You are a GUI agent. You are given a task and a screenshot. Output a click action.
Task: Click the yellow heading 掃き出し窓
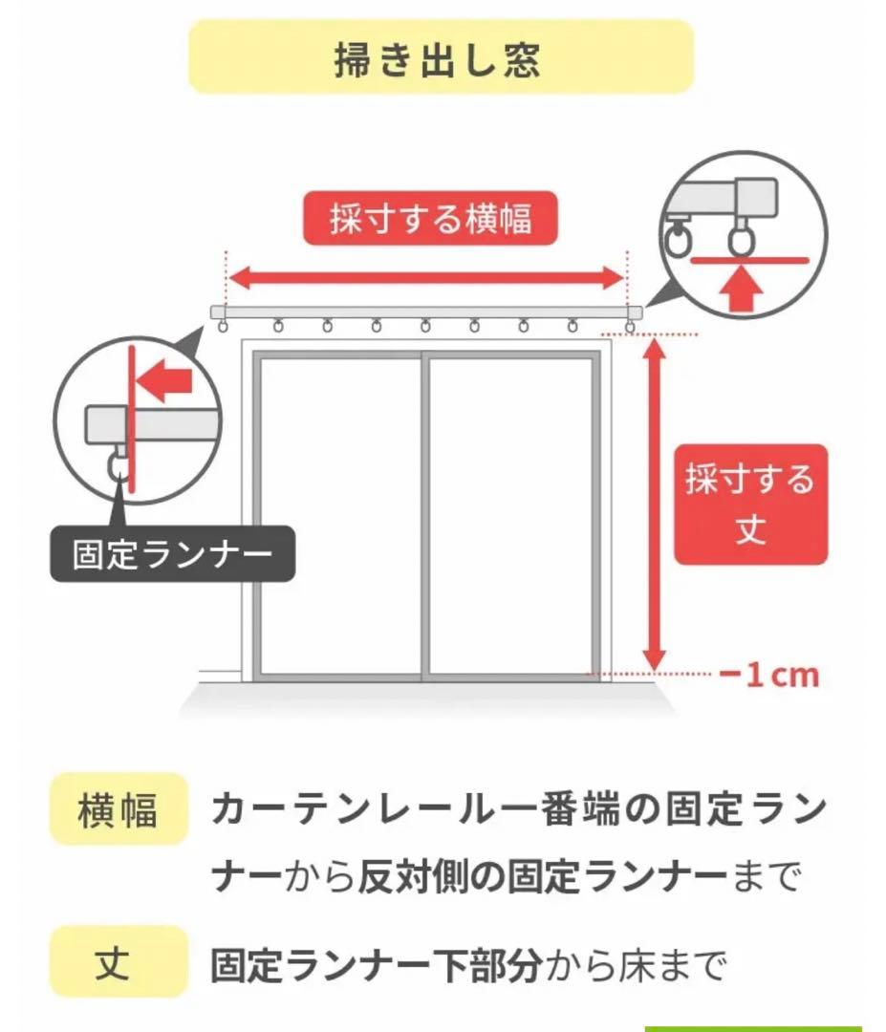(441, 57)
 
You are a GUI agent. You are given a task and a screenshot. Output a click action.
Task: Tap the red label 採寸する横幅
(430, 220)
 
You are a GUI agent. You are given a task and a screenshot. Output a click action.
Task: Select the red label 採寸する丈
(750, 504)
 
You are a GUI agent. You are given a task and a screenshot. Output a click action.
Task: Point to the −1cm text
(769, 677)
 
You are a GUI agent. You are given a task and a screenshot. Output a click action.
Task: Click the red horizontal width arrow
(426, 278)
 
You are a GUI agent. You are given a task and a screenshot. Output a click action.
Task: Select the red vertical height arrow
(654, 506)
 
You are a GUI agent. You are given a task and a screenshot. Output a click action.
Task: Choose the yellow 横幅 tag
(118, 809)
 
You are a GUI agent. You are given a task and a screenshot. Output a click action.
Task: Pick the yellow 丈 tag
(118, 964)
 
